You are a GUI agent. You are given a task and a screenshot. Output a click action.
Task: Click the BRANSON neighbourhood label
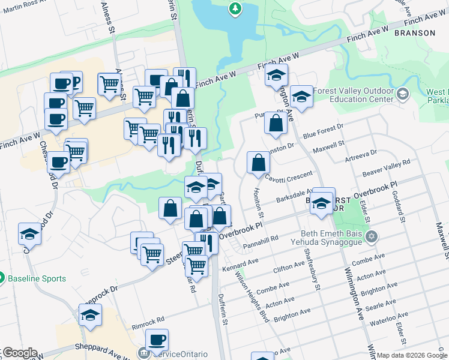click(x=415, y=33)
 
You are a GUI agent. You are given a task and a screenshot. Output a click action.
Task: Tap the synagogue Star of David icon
click(x=372, y=235)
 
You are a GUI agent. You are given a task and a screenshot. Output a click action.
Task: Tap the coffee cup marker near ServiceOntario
click(x=157, y=340)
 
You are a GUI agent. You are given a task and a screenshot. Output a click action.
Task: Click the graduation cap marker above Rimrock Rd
click(x=90, y=314)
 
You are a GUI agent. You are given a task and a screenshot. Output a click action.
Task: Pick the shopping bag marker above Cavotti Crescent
click(x=258, y=162)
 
